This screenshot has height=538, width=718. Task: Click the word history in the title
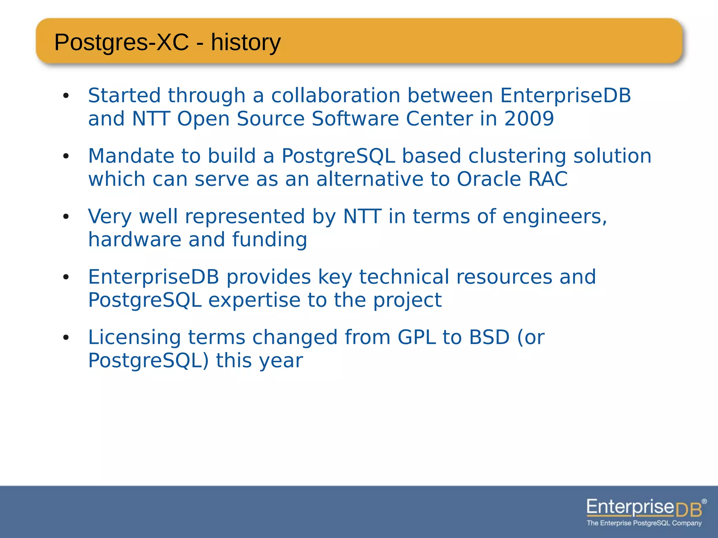pos(245,43)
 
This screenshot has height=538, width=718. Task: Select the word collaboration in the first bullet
pos(336,95)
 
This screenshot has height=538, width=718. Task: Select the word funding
pos(269,240)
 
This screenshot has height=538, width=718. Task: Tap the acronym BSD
pos(489,337)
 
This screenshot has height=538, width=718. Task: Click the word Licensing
pos(135,337)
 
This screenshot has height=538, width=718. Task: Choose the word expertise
pos(255,300)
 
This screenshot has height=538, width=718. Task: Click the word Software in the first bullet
pos(355,118)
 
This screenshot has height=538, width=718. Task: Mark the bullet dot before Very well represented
pos(66,217)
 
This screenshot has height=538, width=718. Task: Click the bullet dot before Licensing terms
pos(66,338)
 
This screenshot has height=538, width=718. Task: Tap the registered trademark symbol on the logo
pos(704,502)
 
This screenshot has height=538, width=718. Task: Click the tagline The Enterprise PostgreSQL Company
pos(644,523)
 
